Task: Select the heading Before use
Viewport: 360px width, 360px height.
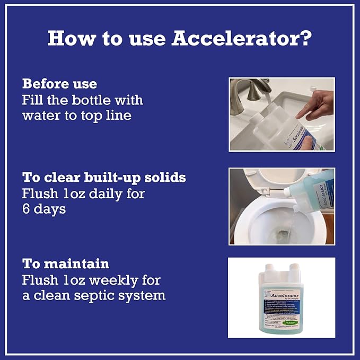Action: (59, 84)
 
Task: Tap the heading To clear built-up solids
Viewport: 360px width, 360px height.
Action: (104, 178)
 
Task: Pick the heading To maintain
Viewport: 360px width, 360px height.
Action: (66, 264)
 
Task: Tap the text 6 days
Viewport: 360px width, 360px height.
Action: (44, 209)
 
